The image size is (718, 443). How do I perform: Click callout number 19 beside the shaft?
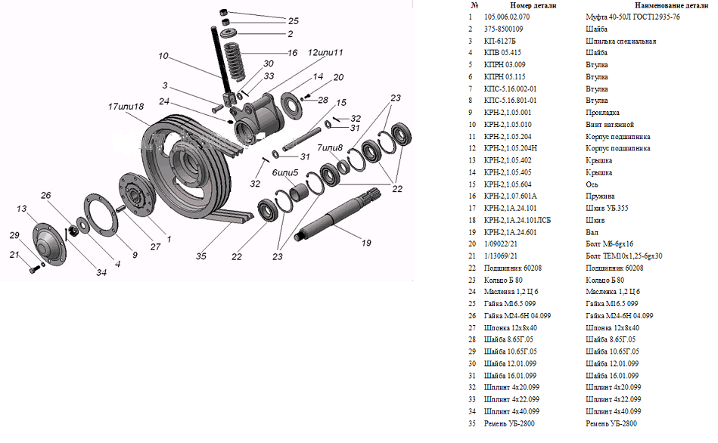point(366,243)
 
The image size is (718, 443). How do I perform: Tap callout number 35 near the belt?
point(201,256)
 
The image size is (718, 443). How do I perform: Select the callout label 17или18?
point(126,107)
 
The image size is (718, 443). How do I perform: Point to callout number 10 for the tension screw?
point(163,56)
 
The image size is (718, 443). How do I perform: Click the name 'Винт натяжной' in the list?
point(610,125)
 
